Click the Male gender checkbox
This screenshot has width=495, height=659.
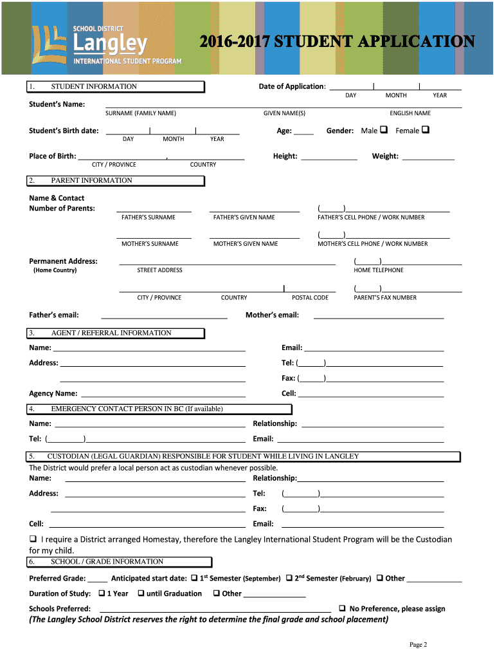tap(384, 129)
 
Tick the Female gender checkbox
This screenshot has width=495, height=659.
tap(425, 129)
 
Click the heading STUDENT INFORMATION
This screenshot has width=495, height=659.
tap(94, 87)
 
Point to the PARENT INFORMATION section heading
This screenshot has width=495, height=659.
tap(91, 181)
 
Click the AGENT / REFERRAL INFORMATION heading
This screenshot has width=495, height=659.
tap(111, 333)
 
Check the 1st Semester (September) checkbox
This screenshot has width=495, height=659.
tap(194, 577)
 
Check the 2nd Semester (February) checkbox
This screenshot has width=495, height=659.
tap(289, 577)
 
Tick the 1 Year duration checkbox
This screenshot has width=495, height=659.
tap(102, 593)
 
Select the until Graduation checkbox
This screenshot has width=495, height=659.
tap(141, 593)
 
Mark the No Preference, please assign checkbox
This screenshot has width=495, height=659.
tap(343, 608)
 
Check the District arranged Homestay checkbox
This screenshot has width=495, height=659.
tap(33, 539)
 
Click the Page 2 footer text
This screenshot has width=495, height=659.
tap(419, 645)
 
